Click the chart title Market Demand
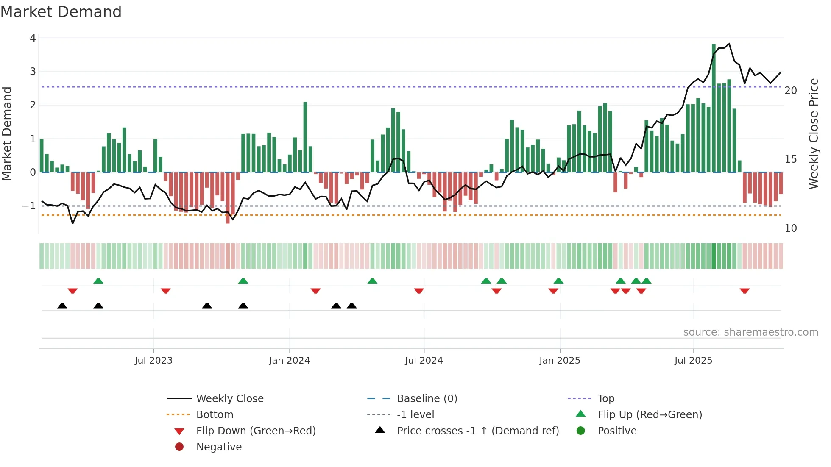click(x=61, y=12)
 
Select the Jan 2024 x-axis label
click(x=289, y=361)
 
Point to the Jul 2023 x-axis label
click(x=153, y=361)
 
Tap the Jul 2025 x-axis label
click(x=693, y=361)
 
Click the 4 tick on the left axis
click(x=33, y=38)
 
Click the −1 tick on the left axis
click(x=29, y=206)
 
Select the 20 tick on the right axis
click(x=790, y=91)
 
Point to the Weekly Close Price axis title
click(x=813, y=133)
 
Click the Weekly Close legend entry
click(x=229, y=399)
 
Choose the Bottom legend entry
click(x=215, y=415)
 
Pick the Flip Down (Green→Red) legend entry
click(x=256, y=431)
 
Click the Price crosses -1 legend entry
click(x=477, y=431)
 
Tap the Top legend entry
click(x=605, y=399)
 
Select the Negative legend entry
click(x=219, y=447)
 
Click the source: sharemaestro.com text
click(x=750, y=332)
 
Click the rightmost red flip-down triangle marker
click(x=745, y=291)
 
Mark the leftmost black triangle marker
click(x=62, y=306)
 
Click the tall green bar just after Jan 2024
click(x=305, y=137)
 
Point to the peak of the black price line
click(x=729, y=44)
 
